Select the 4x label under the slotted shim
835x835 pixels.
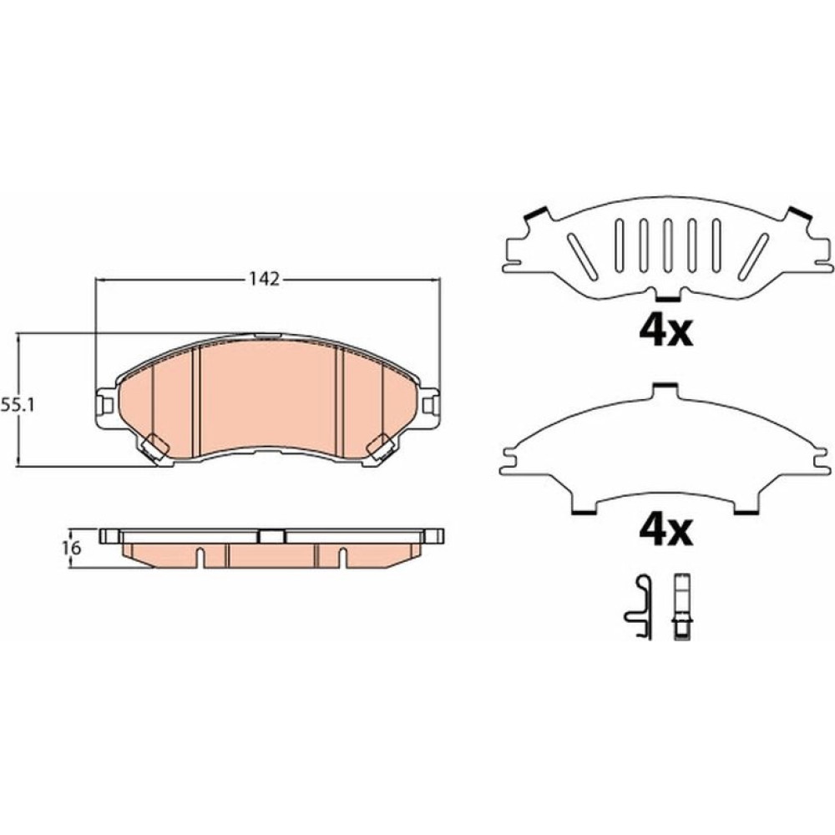point(665,331)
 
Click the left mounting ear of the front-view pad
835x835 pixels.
point(105,406)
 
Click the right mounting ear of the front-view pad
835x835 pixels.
point(430,406)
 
